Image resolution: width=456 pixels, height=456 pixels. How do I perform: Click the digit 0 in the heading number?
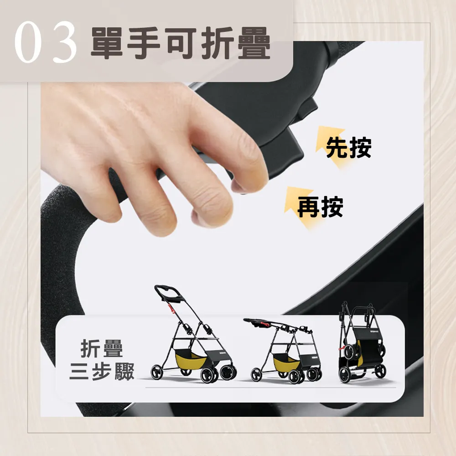(28, 42)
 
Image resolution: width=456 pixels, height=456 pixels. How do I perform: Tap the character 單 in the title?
(106, 43)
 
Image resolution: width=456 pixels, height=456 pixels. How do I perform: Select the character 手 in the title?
(143, 43)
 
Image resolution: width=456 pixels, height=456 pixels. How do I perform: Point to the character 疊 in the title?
(254, 43)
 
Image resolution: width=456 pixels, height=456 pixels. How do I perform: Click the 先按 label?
(349, 147)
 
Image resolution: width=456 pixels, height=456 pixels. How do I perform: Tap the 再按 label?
(320, 207)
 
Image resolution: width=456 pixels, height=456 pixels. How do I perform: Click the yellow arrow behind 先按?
(330, 145)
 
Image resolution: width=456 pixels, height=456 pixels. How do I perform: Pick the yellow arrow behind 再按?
(300, 207)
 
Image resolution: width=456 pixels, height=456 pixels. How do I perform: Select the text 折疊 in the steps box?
(102, 348)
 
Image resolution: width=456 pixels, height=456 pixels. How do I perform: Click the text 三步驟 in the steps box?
(102, 371)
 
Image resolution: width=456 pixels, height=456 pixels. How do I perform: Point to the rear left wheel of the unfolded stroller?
(156, 372)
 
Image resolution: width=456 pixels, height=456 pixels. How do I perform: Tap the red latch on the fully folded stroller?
(342, 348)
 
